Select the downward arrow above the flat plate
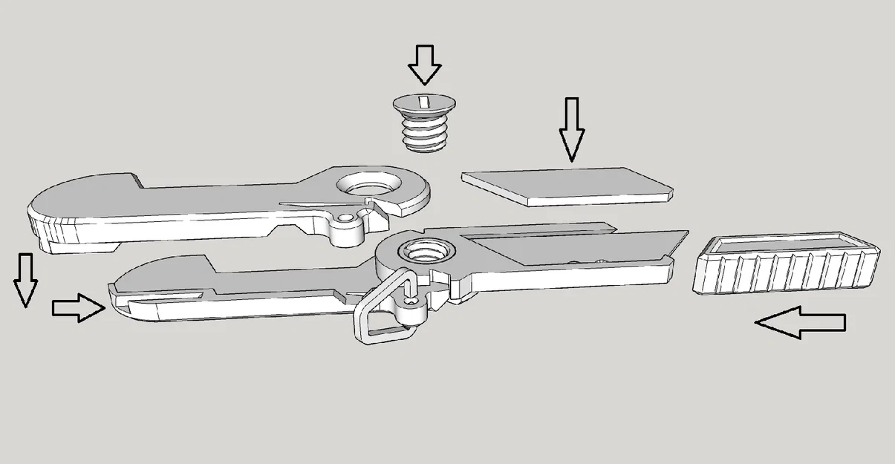pyautogui.click(x=571, y=129)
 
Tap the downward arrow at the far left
pyautogui.click(x=26, y=279)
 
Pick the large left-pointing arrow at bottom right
pyautogui.click(x=800, y=323)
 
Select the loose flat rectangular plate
pyautogui.click(x=568, y=186)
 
